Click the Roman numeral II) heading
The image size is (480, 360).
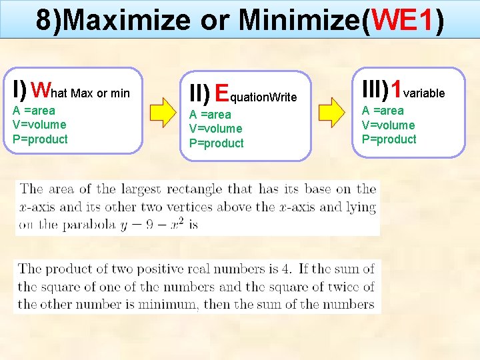(199, 93)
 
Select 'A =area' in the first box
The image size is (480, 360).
(34, 111)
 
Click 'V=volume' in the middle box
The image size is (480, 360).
(215, 129)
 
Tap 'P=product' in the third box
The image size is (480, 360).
(389, 139)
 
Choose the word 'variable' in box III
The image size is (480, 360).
(424, 93)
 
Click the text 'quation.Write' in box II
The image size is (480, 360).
(263, 97)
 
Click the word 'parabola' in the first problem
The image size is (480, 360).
(88, 225)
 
